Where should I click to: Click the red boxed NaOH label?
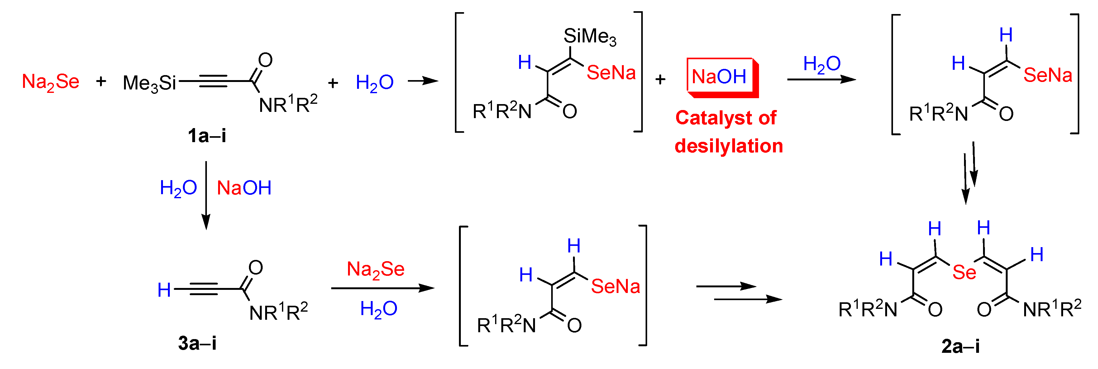click(x=719, y=77)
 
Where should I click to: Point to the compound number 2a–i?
click(x=960, y=346)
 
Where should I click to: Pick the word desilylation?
click(x=728, y=146)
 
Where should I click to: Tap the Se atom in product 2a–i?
click(x=964, y=272)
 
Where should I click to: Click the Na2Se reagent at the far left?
click(x=50, y=81)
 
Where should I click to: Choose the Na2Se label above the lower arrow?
click(x=375, y=269)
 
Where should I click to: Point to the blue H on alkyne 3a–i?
click(x=164, y=290)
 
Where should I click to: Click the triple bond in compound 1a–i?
click(x=213, y=81)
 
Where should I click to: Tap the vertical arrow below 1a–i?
click(x=206, y=194)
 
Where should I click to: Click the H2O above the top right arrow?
click(x=822, y=64)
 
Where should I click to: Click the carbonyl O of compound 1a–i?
click(x=265, y=60)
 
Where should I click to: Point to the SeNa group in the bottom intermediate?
click(x=615, y=286)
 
